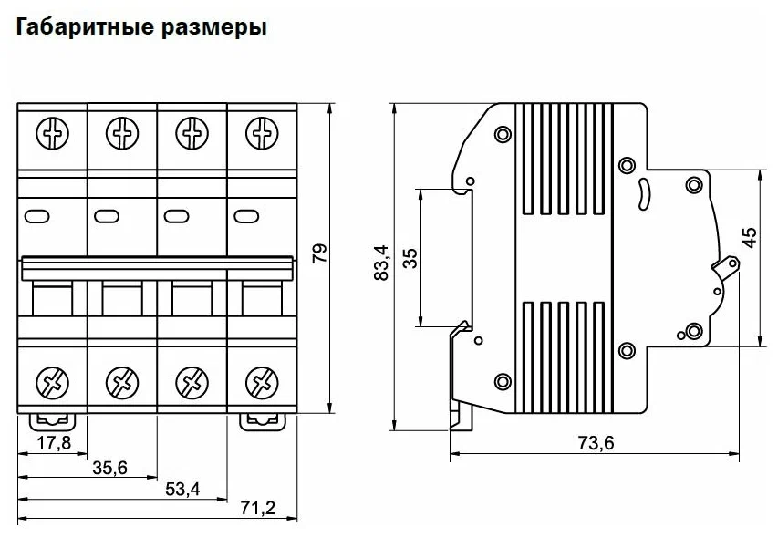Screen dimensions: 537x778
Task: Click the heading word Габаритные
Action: point(74,28)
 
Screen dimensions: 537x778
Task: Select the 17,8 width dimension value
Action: point(53,443)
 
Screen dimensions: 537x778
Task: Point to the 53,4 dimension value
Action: point(182,489)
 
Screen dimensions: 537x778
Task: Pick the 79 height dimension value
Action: point(317,255)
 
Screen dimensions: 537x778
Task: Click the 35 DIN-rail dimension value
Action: point(410,257)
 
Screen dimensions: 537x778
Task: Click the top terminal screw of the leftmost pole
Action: point(52,134)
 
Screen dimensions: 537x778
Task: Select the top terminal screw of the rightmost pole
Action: point(262,134)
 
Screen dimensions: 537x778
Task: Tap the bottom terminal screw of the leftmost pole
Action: point(52,379)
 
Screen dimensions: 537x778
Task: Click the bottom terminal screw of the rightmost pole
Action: point(262,379)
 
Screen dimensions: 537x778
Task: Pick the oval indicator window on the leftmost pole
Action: point(37,216)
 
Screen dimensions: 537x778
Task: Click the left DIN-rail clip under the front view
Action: point(52,420)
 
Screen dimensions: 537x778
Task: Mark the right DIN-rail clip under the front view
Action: point(260,420)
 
